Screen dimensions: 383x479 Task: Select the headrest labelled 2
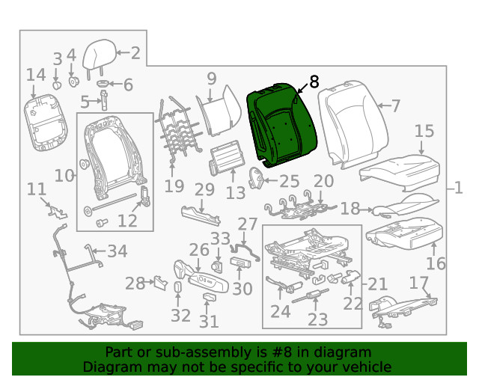[100, 55]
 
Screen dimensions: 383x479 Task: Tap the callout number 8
[314, 82]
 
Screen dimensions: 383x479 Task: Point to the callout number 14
[36, 75]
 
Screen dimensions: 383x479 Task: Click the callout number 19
[174, 186]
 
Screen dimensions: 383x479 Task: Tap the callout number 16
[436, 263]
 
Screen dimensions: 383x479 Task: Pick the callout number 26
[198, 250]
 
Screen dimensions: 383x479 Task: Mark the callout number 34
[118, 250]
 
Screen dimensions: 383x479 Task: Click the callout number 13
[235, 194]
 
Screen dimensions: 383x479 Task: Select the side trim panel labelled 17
[404, 307]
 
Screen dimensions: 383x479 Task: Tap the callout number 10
[64, 176]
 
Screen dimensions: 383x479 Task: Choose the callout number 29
[204, 190]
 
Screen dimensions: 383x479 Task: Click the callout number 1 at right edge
[459, 189]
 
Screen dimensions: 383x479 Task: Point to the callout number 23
[317, 319]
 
